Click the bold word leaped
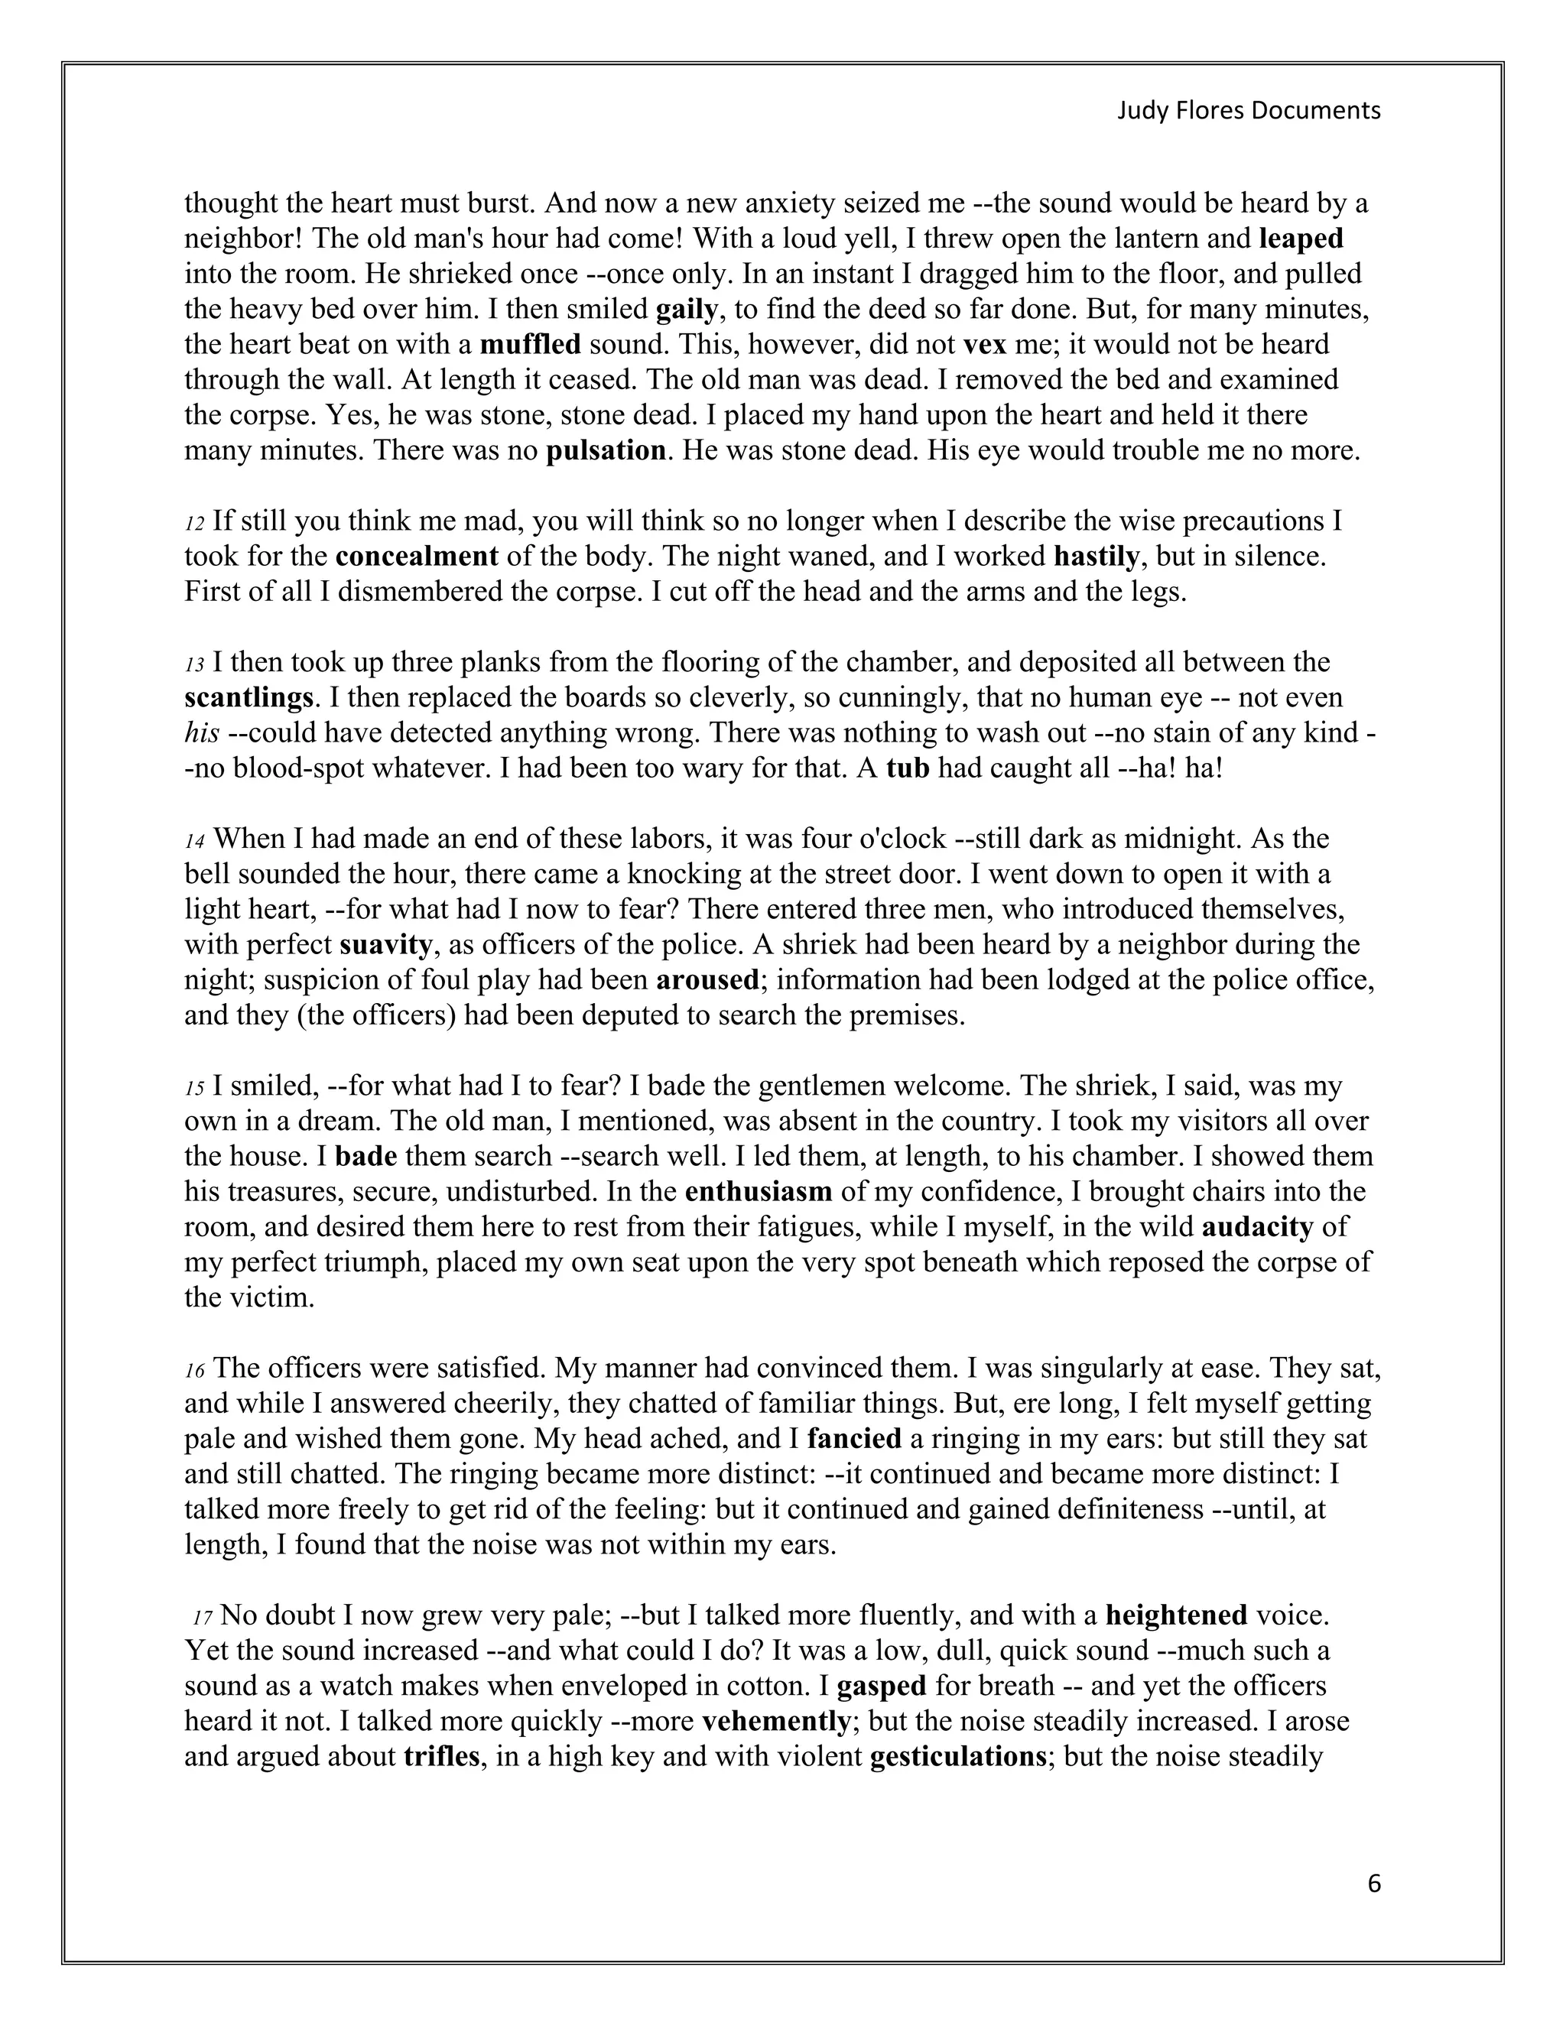[1301, 239]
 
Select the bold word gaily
[687, 310]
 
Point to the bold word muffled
[530, 345]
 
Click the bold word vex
[985, 345]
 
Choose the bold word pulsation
[606, 452]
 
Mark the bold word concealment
[417, 557]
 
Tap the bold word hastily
[1097, 557]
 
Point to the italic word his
[201, 734]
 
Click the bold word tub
[908, 769]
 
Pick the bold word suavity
[386, 945]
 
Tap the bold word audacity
[1257, 1227]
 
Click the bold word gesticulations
[958, 1757]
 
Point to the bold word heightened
[1175, 1616]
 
